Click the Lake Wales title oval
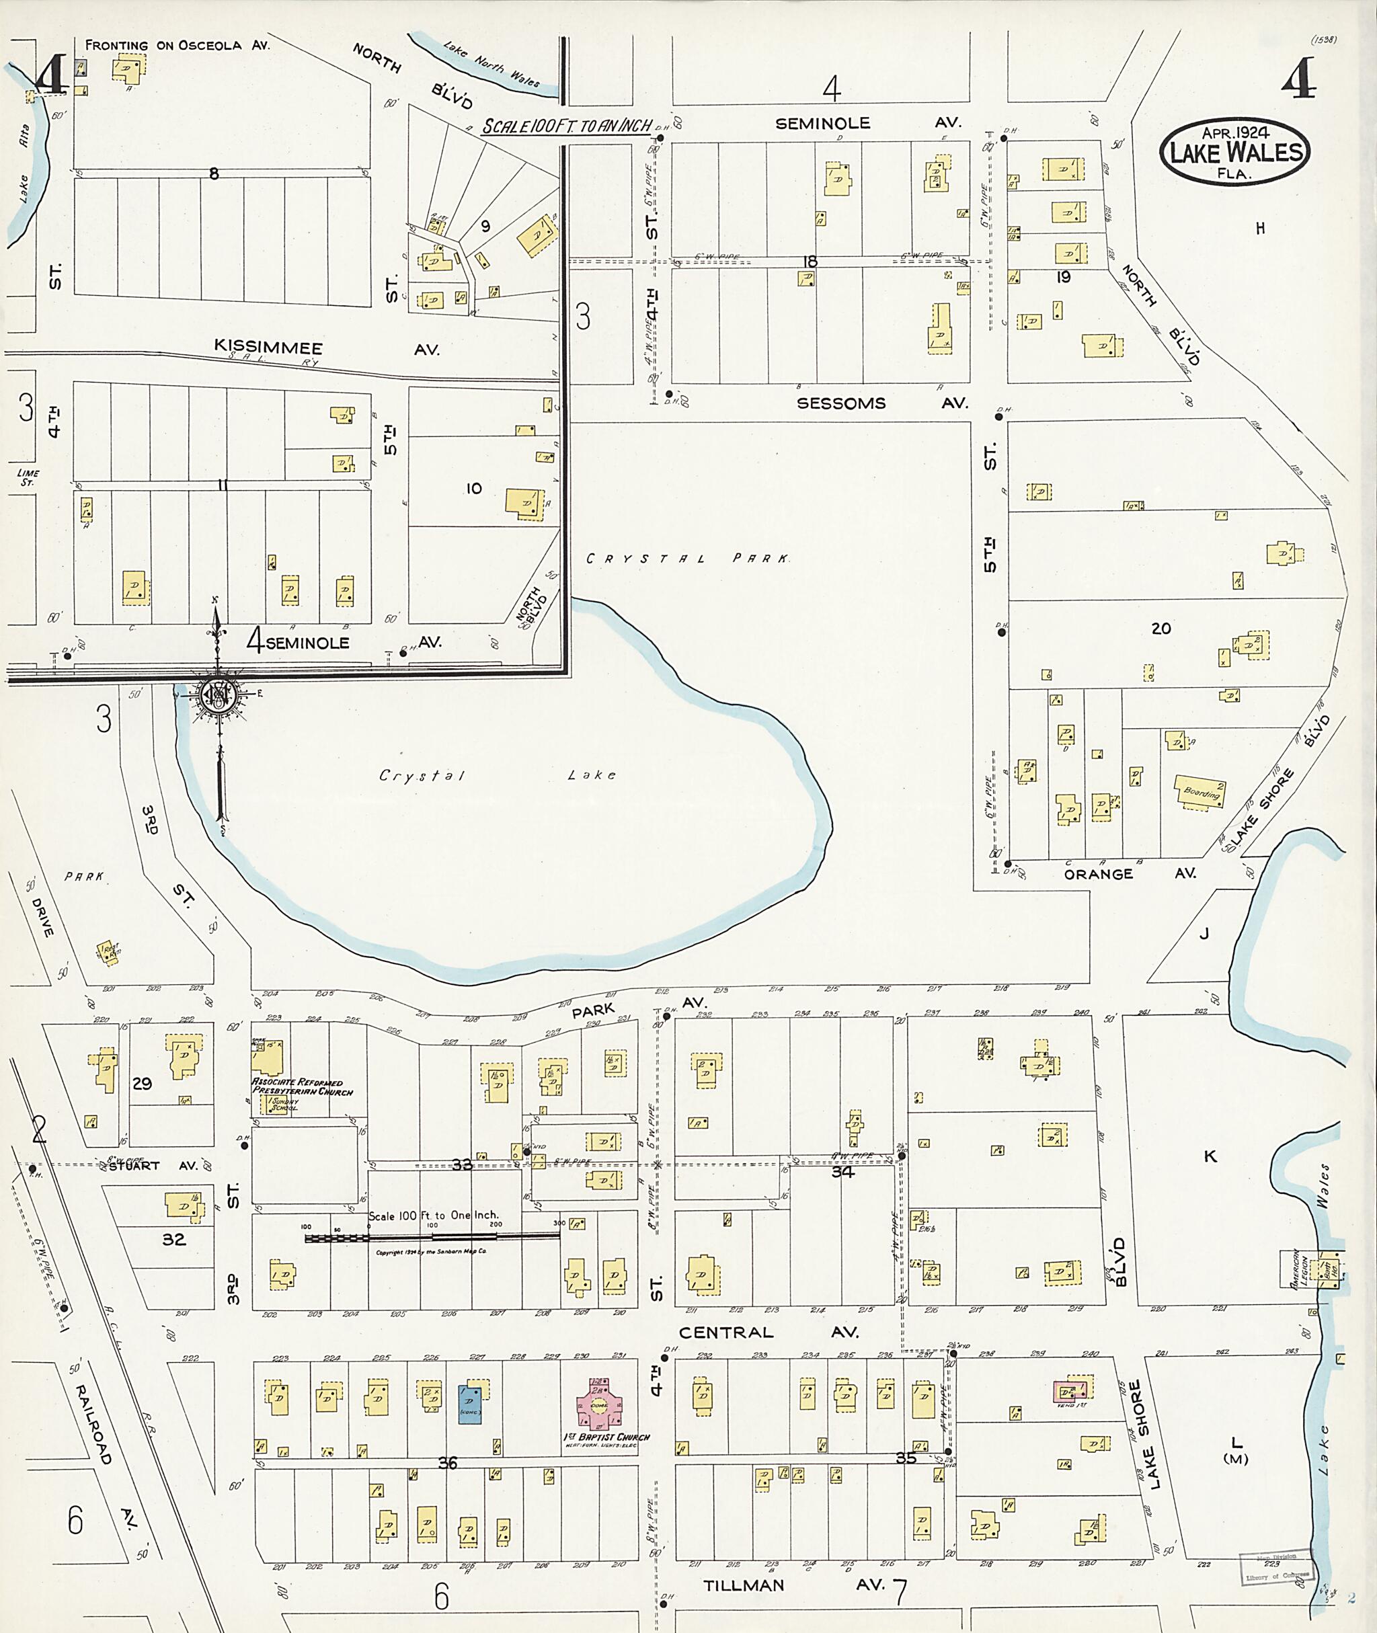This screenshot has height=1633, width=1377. (1234, 151)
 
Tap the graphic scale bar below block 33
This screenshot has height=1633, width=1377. (432, 1236)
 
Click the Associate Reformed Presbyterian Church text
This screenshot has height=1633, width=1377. (301, 1086)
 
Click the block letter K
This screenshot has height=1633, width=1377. (1210, 1156)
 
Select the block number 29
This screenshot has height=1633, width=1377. (142, 1084)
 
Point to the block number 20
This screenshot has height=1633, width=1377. (1160, 629)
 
